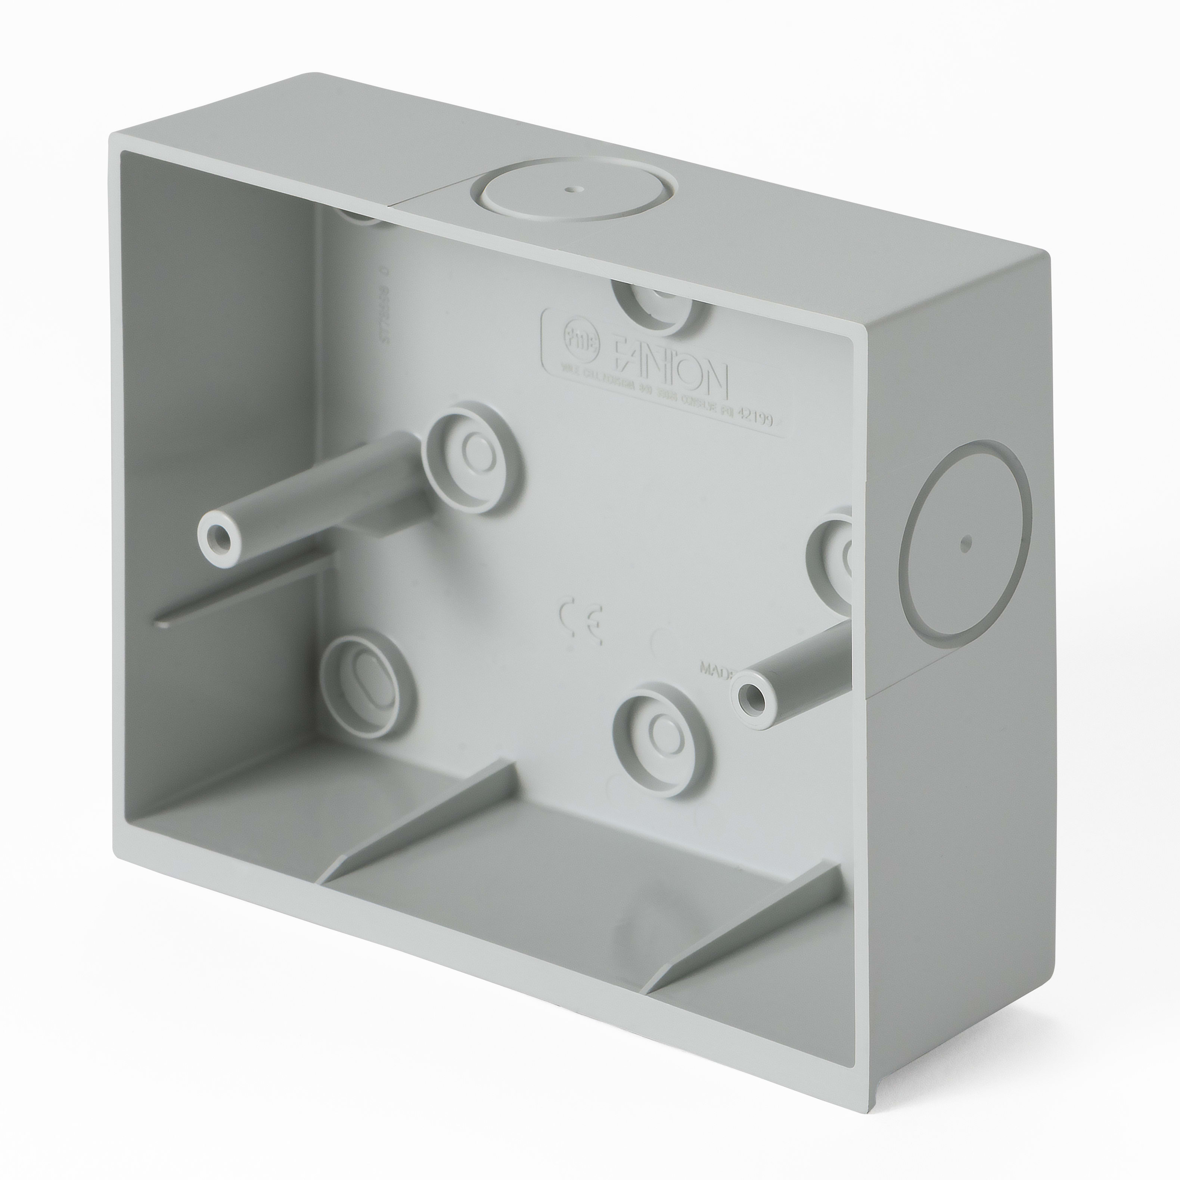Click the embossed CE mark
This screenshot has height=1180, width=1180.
[581, 623]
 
